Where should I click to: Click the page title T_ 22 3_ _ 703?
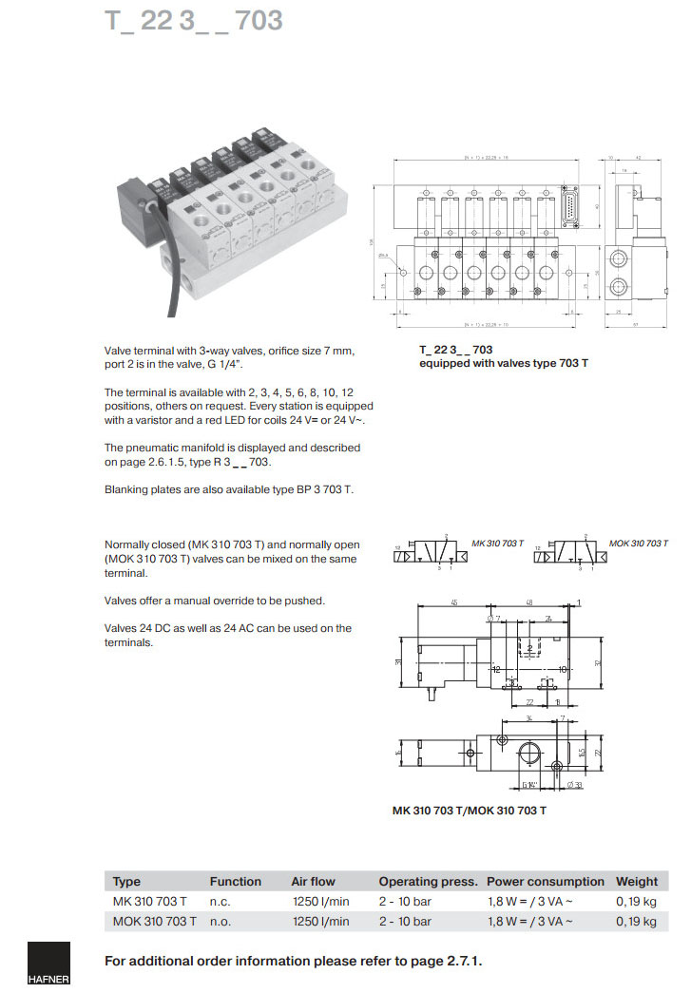(x=193, y=21)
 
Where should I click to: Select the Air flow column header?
(x=313, y=881)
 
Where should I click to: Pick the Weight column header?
(x=636, y=881)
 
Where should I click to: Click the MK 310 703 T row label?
(x=149, y=901)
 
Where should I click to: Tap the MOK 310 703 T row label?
(x=154, y=921)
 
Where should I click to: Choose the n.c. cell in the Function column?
(x=221, y=901)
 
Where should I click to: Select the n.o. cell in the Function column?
(x=221, y=921)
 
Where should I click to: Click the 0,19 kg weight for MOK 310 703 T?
(x=636, y=921)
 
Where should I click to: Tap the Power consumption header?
(x=545, y=881)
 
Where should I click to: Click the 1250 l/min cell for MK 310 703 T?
(x=319, y=901)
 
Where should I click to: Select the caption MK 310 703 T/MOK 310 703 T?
(x=470, y=810)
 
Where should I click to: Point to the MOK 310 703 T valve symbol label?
(x=637, y=543)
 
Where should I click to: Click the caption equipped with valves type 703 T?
(x=504, y=364)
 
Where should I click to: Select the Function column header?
(x=235, y=881)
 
